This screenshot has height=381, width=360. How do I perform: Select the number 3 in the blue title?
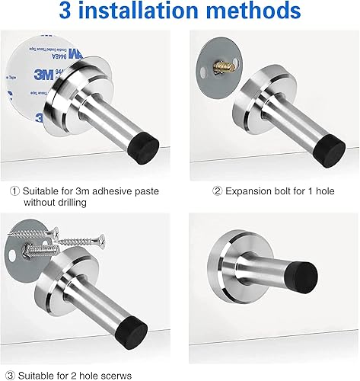coord(65,11)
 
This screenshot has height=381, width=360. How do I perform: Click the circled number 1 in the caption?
coord(14,191)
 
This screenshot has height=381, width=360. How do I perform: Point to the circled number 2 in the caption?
coord(217,191)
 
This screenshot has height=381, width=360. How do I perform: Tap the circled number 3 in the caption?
coord(10,376)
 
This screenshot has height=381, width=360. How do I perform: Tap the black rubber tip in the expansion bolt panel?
coord(330,151)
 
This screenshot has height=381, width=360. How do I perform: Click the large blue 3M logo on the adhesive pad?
coord(43,75)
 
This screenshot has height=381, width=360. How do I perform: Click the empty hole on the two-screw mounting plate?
coord(11,257)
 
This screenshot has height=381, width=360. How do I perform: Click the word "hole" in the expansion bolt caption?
coord(325,191)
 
